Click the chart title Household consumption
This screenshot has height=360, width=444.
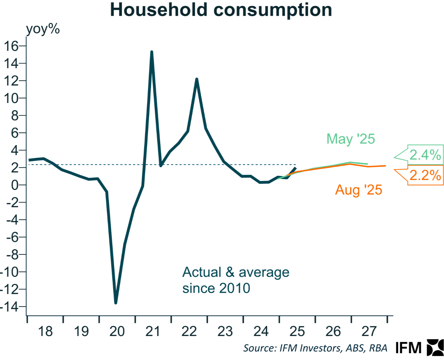(221, 10)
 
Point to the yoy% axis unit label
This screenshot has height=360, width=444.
(43, 29)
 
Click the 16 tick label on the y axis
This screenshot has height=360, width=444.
(11, 46)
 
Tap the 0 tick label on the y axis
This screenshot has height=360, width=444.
(15, 185)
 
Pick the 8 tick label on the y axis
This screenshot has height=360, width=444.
(15, 115)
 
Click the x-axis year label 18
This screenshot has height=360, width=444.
(45, 332)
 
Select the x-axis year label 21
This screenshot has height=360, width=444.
(153, 332)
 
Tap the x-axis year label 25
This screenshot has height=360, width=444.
(297, 332)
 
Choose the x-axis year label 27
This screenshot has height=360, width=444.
(369, 332)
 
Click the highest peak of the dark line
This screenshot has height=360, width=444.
(152, 52)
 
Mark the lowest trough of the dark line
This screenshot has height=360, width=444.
(116, 303)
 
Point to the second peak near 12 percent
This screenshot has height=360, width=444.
(197, 79)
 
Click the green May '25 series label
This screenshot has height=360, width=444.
(350, 139)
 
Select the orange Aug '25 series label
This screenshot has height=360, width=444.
(358, 190)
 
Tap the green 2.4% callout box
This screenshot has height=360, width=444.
(425, 155)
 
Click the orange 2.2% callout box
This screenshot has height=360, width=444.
(425, 175)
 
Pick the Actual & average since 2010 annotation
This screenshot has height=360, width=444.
(236, 280)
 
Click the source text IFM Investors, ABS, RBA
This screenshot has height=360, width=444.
(315, 348)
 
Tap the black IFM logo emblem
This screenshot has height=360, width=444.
(435, 348)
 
